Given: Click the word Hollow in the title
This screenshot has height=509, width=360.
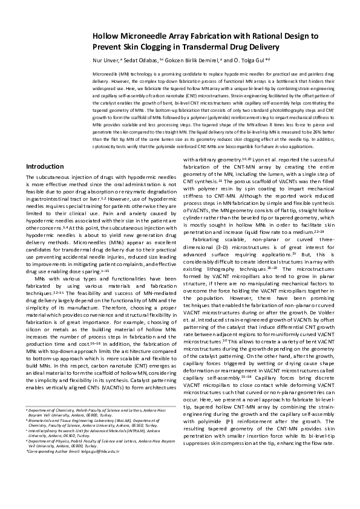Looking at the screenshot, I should tap(106, 36).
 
